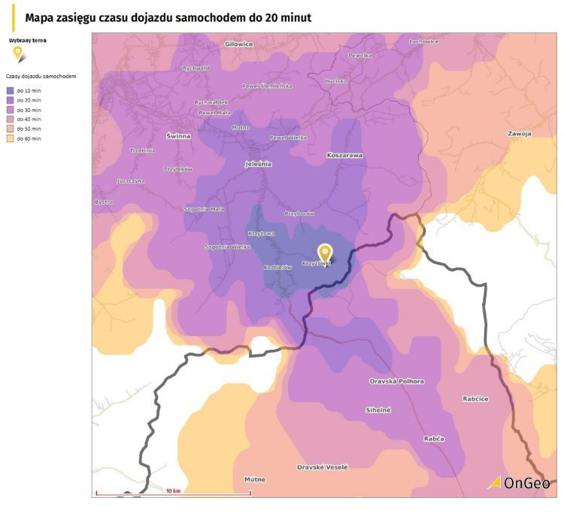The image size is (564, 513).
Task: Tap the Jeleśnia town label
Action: [259, 163]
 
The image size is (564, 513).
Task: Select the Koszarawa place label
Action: [344, 155]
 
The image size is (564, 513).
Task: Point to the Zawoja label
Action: [519, 133]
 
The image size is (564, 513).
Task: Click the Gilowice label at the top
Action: [239, 44]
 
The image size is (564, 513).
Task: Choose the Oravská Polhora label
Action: [396, 381]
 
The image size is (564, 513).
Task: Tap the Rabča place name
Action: [434, 438]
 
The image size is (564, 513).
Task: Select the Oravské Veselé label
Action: [323, 467]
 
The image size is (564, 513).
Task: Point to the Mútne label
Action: [255, 479]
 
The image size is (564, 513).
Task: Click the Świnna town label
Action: [178, 136]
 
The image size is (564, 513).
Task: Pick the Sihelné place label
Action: [378, 409]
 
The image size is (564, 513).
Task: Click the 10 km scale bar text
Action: [173, 490]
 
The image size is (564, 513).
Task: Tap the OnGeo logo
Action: [519, 483]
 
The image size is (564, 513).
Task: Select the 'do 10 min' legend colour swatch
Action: [10, 90]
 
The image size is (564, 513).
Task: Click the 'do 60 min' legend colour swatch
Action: [10, 139]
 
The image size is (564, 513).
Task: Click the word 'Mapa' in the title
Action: [40, 16]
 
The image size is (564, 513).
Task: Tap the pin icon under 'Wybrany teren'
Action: [18, 53]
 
